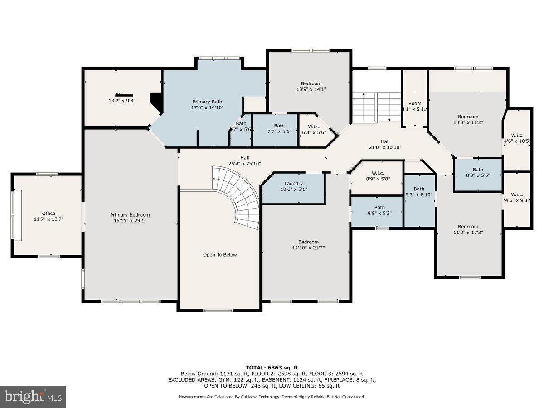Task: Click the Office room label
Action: pyautogui.click(x=49, y=213)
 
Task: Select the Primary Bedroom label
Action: pyautogui.click(x=130, y=215)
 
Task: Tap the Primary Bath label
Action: pyautogui.click(x=207, y=102)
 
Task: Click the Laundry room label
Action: pyautogui.click(x=293, y=183)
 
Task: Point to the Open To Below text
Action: pyautogui.click(x=220, y=255)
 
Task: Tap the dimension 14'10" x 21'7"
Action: pyautogui.click(x=308, y=248)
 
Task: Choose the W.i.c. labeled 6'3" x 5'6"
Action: pyautogui.click(x=314, y=132)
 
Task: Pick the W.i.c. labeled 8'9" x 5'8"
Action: pyautogui.click(x=378, y=179)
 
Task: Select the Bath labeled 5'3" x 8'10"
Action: pyautogui.click(x=419, y=195)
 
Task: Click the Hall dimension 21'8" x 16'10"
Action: pyautogui.click(x=385, y=147)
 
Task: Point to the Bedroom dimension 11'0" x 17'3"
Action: pyautogui.click(x=468, y=233)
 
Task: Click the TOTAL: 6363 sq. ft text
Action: pyautogui.click(x=272, y=368)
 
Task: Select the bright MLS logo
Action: pyautogui.click(x=33, y=397)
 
